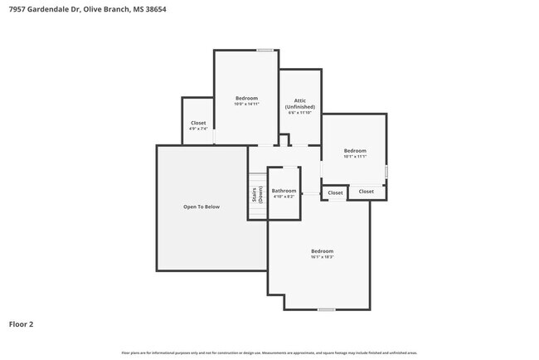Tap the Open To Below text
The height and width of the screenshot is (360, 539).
click(202, 207)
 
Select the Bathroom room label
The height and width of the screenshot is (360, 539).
click(284, 191)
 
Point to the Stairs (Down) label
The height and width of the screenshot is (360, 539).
click(257, 196)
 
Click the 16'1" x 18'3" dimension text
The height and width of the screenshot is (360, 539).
click(322, 257)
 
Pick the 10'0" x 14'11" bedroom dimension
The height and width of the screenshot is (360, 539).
click(246, 105)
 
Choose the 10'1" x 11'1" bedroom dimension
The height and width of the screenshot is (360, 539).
click(354, 156)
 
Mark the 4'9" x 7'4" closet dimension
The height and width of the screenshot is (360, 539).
click(198, 129)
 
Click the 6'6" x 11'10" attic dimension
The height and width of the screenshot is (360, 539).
click(300, 113)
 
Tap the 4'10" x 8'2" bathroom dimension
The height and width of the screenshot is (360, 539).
click(284, 197)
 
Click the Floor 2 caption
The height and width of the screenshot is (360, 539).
click(22, 324)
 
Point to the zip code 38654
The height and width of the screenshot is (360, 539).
click(167, 9)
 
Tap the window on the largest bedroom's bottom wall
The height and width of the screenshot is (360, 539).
click(326, 309)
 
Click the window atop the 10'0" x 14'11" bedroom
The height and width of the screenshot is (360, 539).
click(265, 51)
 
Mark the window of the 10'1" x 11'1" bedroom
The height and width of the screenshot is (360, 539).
click(386, 171)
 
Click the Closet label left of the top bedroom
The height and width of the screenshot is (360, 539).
click(198, 123)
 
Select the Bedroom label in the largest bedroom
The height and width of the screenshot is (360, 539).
click(322, 251)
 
